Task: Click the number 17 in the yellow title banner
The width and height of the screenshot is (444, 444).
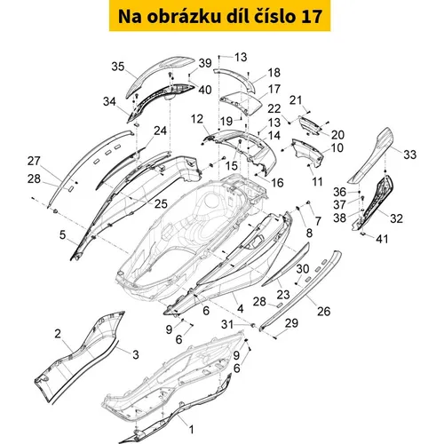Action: (312, 17)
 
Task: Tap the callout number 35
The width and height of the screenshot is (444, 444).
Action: (118, 67)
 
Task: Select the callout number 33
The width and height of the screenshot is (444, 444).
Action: (410, 155)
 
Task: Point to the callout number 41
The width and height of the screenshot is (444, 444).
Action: (382, 239)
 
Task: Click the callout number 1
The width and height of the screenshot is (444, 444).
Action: (192, 430)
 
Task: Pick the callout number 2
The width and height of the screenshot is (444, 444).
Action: (58, 334)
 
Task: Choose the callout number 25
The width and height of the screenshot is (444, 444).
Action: (161, 204)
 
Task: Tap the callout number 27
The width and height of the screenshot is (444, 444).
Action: (34, 161)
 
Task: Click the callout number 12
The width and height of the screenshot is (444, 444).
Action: (197, 119)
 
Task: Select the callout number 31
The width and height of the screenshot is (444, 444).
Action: (227, 324)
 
